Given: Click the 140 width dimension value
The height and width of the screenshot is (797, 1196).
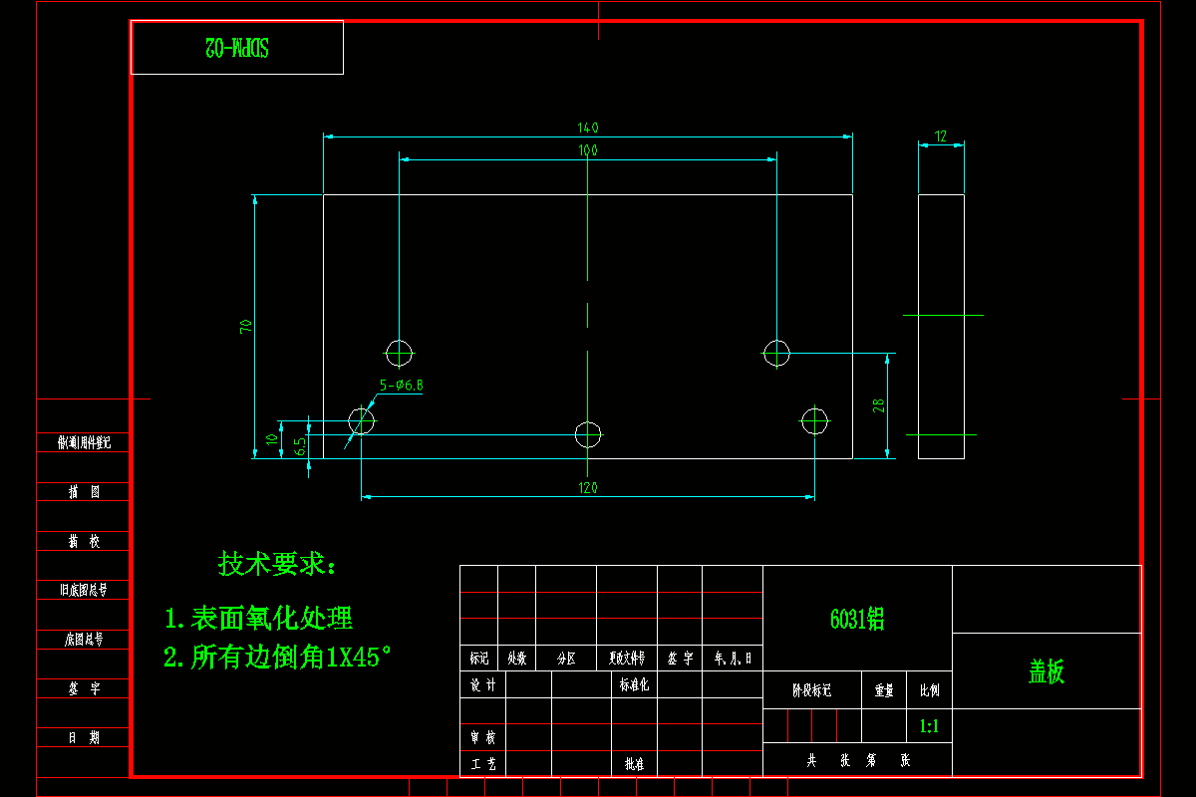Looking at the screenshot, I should [588, 128].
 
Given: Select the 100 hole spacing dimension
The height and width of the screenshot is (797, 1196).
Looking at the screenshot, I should [588, 150].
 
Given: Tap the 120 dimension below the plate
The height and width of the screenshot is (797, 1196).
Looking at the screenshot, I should [588, 488].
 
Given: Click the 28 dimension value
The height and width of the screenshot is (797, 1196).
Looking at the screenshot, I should [878, 405].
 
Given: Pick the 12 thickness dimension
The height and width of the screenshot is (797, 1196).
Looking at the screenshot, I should [941, 136].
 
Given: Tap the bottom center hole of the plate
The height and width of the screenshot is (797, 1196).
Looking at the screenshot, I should [589, 434].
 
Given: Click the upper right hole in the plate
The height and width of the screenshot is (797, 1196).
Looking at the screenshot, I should [776, 353].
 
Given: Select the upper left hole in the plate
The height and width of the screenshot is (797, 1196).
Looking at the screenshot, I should [400, 353].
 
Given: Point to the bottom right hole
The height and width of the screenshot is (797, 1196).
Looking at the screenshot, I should [815, 420].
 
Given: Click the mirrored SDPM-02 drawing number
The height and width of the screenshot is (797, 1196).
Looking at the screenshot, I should [237, 47].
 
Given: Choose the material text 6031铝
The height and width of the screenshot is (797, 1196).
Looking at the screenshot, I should [857, 619].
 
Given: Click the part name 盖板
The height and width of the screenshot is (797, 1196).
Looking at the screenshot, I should [1046, 671].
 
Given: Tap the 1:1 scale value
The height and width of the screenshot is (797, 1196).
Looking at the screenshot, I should [929, 726].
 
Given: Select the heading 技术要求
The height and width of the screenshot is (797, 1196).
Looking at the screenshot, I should [277, 565].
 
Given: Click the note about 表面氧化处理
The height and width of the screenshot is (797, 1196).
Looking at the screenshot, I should [259, 619].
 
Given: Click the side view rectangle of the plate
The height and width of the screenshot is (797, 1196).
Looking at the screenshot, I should [941, 327].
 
